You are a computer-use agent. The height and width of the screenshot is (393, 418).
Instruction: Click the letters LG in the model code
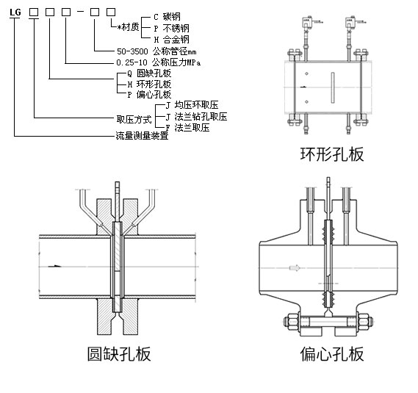click(15, 12)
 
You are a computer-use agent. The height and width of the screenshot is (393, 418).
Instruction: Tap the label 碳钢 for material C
click(172, 17)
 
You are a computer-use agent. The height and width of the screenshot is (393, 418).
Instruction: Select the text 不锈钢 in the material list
click(176, 28)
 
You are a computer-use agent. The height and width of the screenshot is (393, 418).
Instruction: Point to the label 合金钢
click(176, 40)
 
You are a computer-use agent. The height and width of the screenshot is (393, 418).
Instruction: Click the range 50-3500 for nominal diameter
click(132, 51)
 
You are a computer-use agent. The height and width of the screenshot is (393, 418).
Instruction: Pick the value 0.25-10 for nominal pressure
click(132, 62)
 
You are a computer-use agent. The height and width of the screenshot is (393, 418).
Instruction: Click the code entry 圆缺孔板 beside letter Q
click(154, 73)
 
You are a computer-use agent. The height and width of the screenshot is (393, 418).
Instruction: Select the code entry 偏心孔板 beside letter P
click(154, 94)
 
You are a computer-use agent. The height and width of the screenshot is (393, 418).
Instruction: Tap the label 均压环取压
click(196, 105)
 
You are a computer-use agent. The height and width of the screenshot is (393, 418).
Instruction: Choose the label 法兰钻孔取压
click(201, 117)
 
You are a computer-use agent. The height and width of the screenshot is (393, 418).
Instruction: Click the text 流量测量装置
click(142, 136)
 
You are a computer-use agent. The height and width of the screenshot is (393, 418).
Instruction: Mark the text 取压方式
click(134, 120)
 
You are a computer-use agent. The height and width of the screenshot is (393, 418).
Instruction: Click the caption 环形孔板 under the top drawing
click(332, 154)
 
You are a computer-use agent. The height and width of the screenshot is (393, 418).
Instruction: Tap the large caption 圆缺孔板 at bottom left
click(119, 354)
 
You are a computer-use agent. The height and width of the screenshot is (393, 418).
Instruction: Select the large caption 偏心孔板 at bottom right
click(332, 354)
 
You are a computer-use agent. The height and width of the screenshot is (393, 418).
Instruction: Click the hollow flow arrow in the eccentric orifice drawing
click(295, 267)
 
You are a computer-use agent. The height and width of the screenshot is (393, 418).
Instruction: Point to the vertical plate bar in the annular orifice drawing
click(333, 87)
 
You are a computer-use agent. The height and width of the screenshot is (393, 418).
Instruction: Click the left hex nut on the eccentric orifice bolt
click(292, 322)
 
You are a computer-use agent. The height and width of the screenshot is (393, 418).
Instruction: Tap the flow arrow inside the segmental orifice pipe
click(55, 266)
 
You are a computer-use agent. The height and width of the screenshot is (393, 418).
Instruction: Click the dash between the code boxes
click(81, 11)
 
